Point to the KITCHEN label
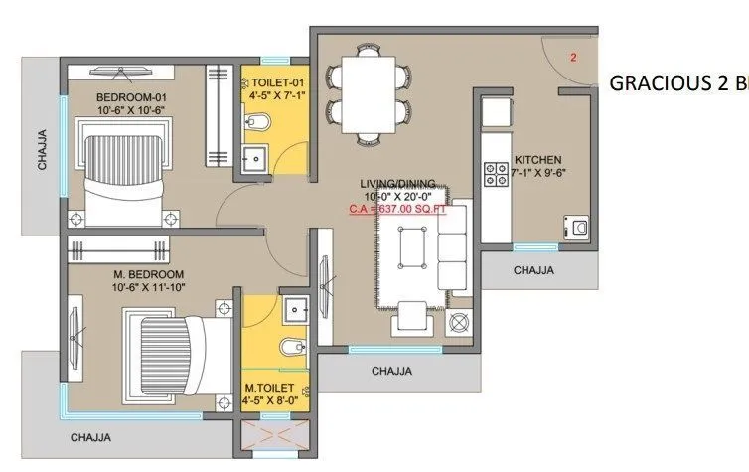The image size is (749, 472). (537, 160)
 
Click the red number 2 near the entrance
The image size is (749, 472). (573, 58)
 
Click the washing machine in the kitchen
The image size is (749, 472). (575, 228)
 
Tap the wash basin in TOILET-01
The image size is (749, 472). (254, 157)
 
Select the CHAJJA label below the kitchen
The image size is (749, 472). (533, 269)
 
